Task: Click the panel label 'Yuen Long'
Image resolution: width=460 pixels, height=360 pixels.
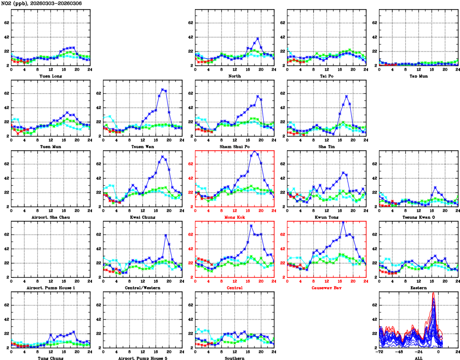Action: coord(51,76)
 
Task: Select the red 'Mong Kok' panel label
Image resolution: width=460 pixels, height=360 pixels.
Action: coord(234,217)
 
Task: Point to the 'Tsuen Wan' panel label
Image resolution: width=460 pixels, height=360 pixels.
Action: coord(143,146)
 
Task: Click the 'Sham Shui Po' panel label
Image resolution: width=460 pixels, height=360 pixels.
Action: coord(234,146)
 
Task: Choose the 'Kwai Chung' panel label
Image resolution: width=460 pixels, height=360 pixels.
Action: coord(143,217)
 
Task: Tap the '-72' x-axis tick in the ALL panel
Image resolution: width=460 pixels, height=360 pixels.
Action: coord(380,352)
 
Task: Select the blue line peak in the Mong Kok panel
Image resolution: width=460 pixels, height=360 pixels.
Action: coord(255,151)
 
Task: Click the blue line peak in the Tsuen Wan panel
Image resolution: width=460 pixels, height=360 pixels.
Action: coord(163,89)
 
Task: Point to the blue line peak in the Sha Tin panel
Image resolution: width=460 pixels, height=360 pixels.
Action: coord(347,96)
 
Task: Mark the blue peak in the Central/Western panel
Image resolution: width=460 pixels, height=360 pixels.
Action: coord(165,235)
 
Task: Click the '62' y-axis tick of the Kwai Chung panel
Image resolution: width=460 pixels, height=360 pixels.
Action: coord(98,164)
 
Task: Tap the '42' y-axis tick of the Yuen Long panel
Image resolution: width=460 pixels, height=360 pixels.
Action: coord(6,37)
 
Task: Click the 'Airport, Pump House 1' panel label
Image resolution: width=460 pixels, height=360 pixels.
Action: coord(51,288)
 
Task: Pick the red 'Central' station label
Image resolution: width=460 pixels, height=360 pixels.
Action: coord(234,288)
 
